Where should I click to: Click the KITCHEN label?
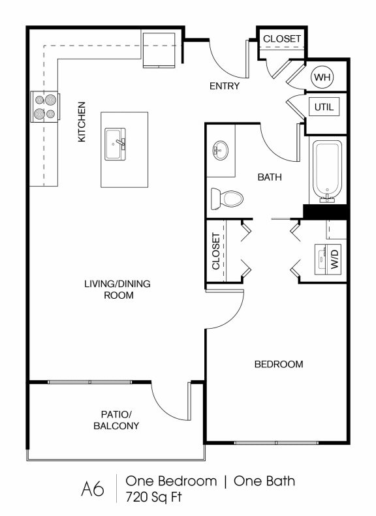click(82, 122)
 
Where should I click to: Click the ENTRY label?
click(224, 85)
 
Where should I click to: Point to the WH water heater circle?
click(321, 78)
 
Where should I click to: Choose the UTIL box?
click(324, 106)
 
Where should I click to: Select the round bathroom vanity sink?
click(219, 151)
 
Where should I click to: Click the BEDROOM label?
click(278, 364)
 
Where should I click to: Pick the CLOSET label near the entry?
click(282, 38)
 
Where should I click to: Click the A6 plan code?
click(93, 489)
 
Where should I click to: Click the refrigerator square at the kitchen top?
click(159, 48)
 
